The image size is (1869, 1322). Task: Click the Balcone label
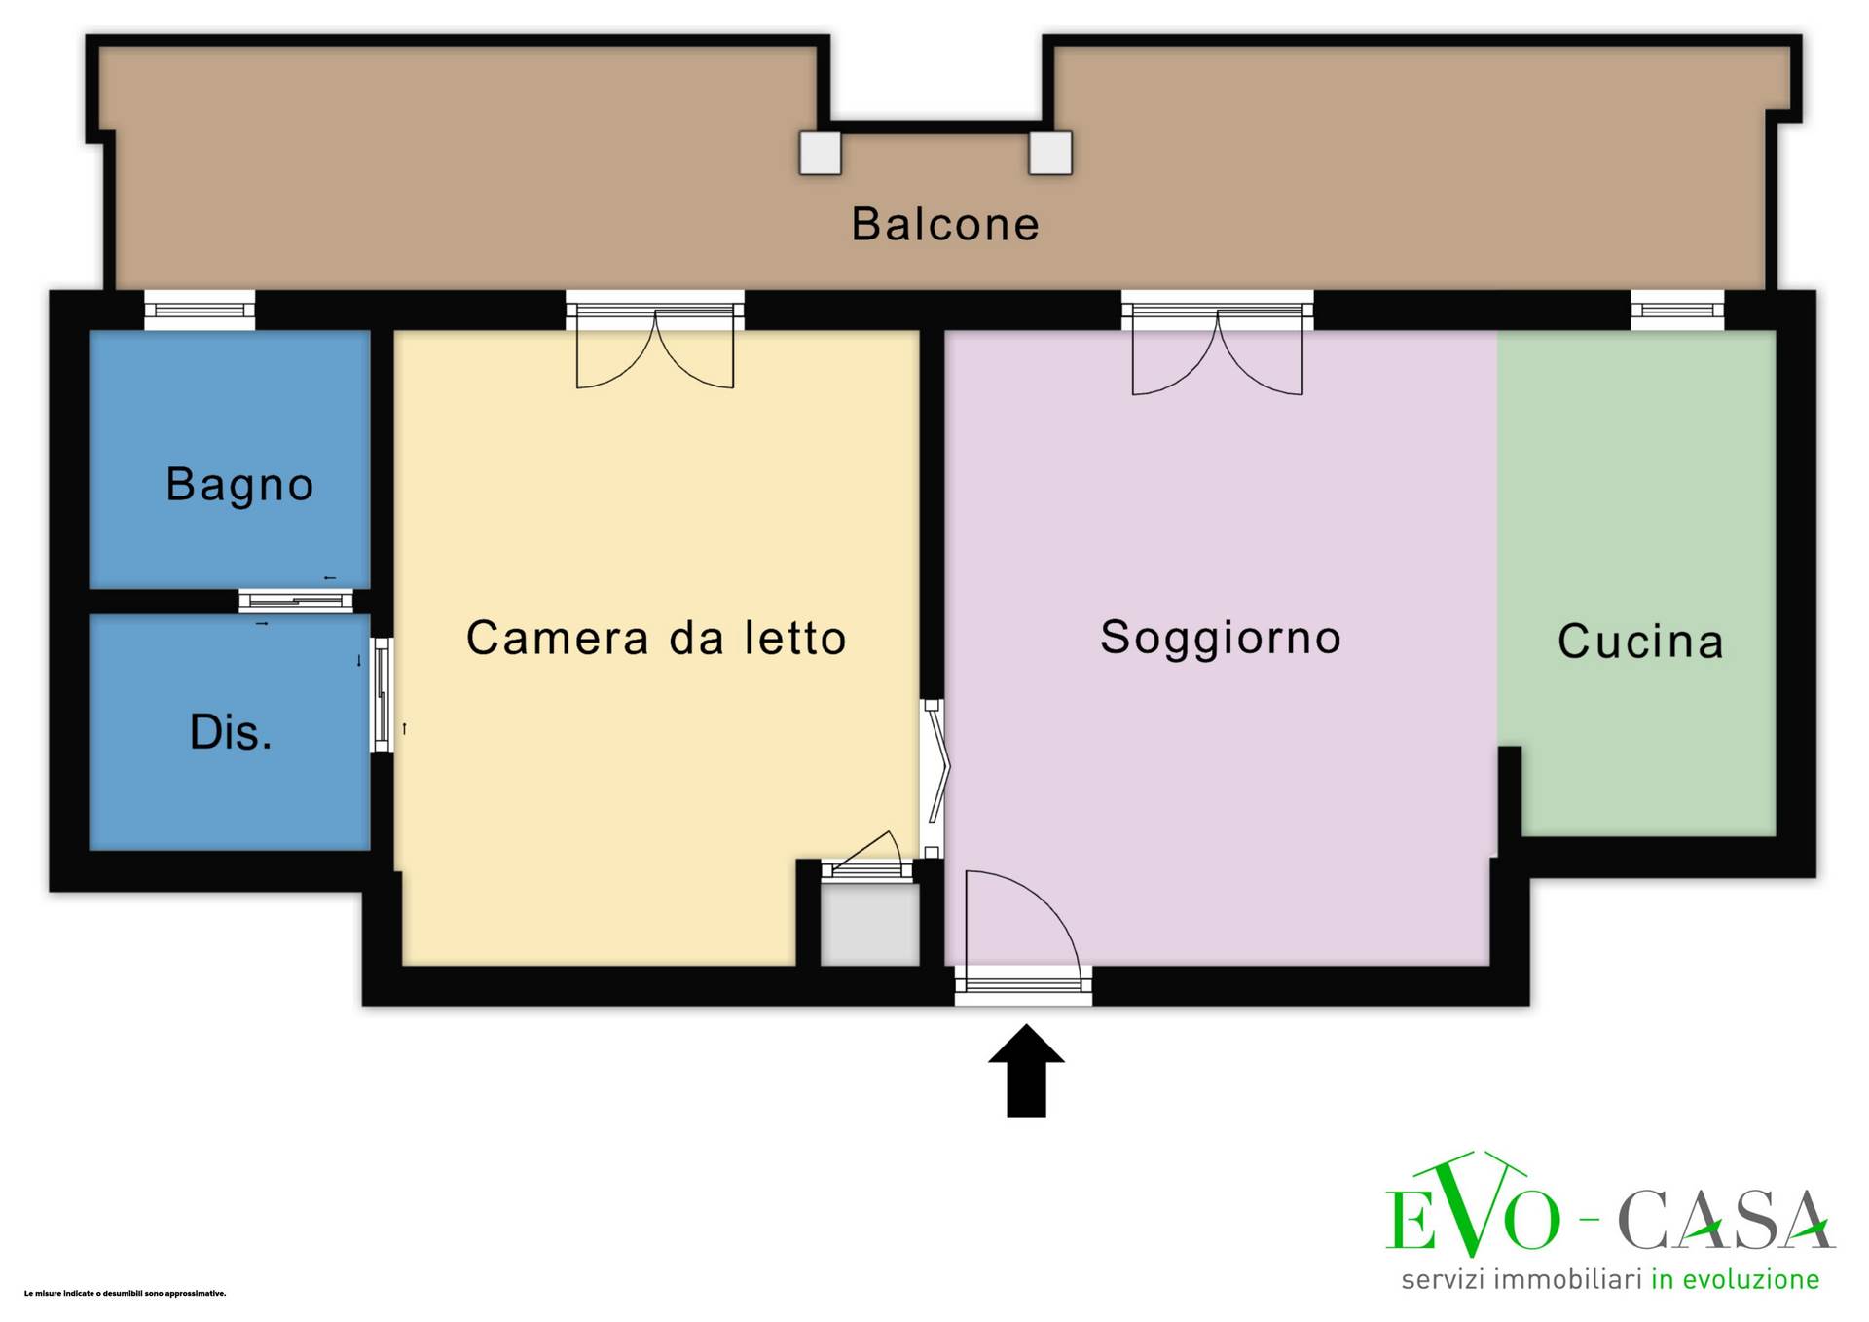945,224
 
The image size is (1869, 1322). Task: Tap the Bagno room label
239,485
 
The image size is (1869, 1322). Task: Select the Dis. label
231,732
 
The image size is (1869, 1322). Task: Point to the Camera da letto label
656,638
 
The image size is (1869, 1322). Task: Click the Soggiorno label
1221,639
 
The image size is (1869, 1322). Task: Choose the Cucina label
1640,642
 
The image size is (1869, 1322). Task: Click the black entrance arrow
1026,1070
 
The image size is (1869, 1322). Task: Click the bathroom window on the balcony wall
200,311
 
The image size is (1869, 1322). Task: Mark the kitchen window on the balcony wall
1677,311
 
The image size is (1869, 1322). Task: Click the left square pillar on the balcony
820,153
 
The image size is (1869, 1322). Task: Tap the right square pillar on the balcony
1050,153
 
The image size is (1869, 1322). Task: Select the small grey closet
869,924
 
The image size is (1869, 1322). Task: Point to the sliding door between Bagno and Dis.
296,602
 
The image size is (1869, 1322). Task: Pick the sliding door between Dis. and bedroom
383,695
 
